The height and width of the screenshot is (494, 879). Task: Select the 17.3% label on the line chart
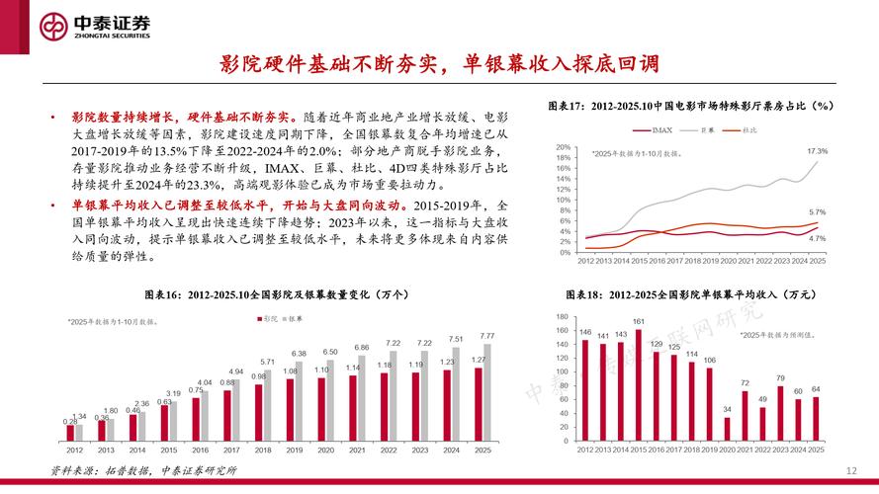[x=817, y=151]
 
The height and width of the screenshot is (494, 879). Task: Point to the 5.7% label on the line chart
[x=817, y=212]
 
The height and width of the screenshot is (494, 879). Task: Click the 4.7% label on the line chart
[x=817, y=238]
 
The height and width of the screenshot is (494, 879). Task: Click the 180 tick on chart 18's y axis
[x=563, y=317]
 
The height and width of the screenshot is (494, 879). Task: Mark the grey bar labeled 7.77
[x=486, y=390]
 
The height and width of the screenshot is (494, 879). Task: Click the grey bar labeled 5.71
[x=268, y=403]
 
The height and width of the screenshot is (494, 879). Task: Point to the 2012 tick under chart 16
[x=74, y=450]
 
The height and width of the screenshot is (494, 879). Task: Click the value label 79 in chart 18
[x=780, y=378]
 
